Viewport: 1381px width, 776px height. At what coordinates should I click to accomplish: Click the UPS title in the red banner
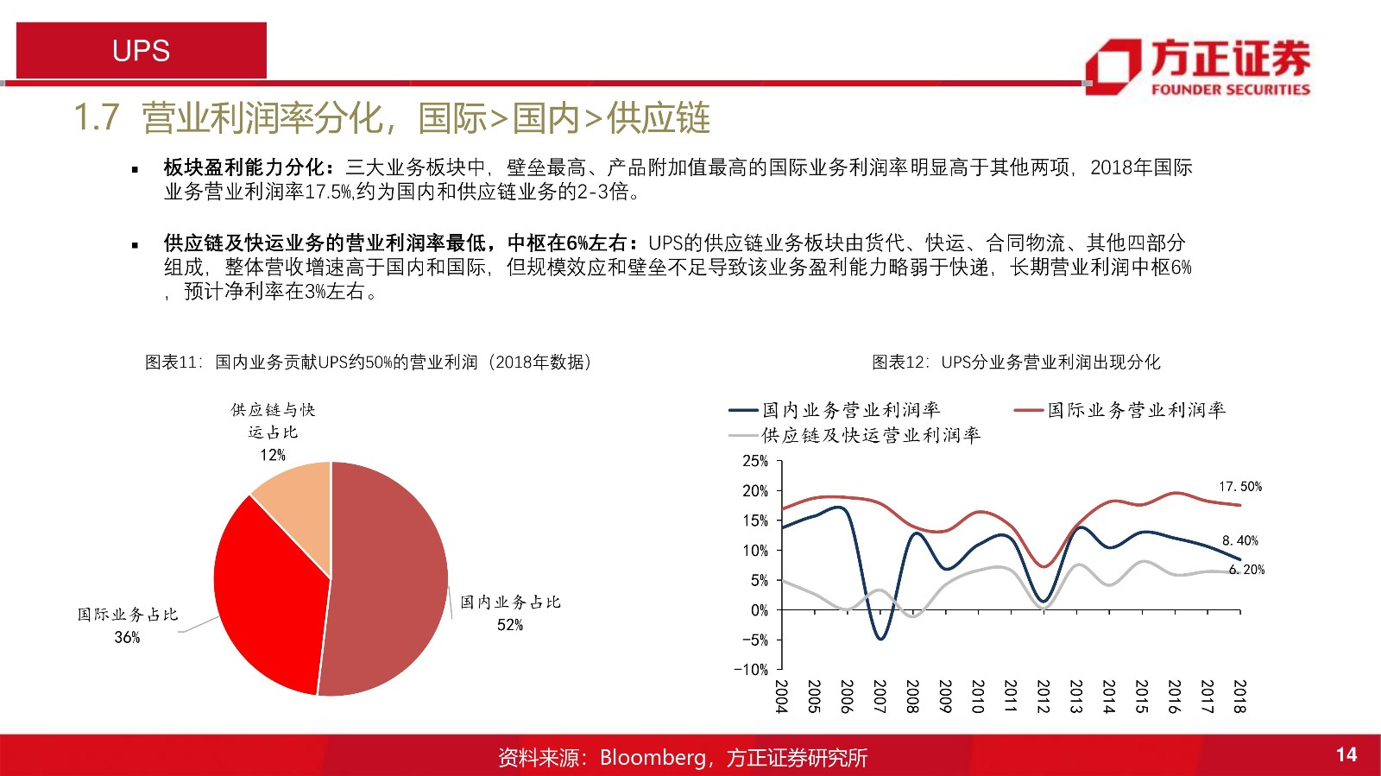(x=142, y=51)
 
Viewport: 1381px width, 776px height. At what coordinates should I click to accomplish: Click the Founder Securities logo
(x=1198, y=66)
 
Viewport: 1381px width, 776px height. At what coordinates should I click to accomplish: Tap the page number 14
(x=1346, y=754)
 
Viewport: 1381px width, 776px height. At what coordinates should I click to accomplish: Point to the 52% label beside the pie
(x=510, y=625)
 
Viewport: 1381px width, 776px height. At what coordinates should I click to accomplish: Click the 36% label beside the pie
(x=127, y=637)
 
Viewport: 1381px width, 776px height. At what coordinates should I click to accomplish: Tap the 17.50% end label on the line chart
(x=1239, y=486)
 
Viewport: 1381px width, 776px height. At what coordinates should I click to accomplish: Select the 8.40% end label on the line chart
(x=1239, y=540)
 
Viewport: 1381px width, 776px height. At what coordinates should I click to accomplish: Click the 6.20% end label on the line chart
(x=1246, y=570)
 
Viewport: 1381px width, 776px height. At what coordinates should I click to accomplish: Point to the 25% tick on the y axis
(x=755, y=461)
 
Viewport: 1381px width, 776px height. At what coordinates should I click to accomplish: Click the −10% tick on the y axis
(x=751, y=669)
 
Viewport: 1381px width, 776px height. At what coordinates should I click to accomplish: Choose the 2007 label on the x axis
(x=880, y=697)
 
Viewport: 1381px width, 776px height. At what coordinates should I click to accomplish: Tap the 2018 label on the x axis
(x=1239, y=697)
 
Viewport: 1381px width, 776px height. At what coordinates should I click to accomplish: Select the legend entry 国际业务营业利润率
(x=1119, y=410)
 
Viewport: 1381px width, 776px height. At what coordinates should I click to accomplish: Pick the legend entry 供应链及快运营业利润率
(x=854, y=436)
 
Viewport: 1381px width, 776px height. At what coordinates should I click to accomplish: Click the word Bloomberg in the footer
(x=653, y=757)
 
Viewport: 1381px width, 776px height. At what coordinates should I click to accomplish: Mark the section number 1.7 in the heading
(x=96, y=117)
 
